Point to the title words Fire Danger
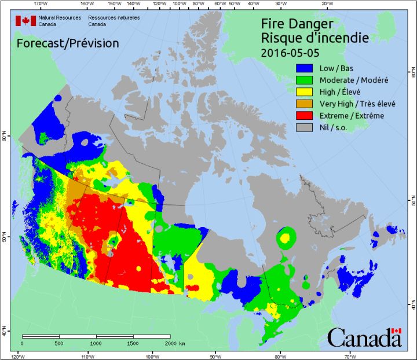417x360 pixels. [x=297, y=24]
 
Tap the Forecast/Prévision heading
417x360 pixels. [x=68, y=43]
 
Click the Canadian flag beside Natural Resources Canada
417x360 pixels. [x=25, y=21]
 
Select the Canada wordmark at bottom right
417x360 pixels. [x=364, y=337]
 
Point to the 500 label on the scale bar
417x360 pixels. [x=59, y=343]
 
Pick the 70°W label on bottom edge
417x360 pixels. [x=349, y=355]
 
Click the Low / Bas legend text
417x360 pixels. [x=338, y=68]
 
